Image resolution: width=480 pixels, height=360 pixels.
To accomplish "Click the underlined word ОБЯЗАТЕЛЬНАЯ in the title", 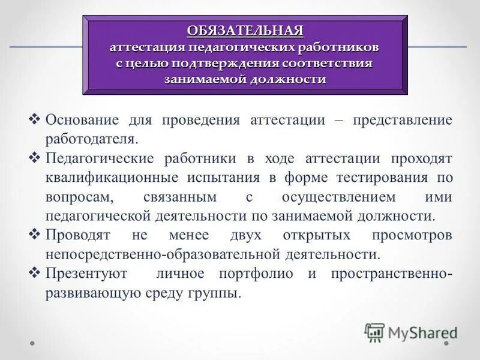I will pyautogui.click(x=244, y=31).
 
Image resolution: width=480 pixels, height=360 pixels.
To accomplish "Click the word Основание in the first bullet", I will pyautogui.click(x=82, y=119).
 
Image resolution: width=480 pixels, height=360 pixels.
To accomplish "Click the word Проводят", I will pyautogui.click(x=78, y=235).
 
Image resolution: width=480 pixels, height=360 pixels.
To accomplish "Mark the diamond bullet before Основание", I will pyautogui.click(x=34, y=119).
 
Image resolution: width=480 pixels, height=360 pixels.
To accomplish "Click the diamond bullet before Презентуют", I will pyautogui.click(x=34, y=273).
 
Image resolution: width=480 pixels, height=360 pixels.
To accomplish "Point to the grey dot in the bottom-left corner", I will pyautogui.click(x=34, y=344).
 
